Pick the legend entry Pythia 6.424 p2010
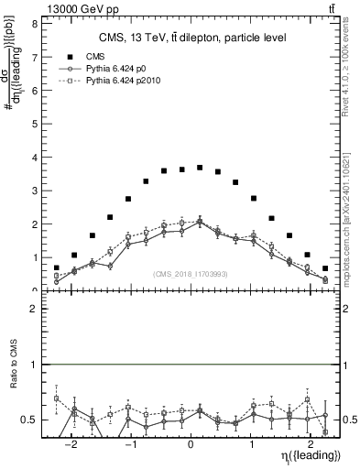coord(134,82)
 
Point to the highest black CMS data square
coord(200,168)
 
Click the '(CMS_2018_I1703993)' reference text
coord(191,273)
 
